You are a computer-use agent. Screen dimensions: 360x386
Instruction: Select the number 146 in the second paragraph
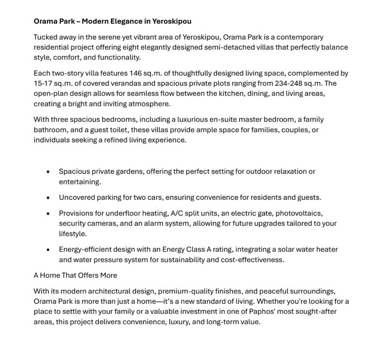pyautogui.click(x=136, y=73)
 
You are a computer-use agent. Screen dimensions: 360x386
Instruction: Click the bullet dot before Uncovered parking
pyautogui.click(x=48, y=198)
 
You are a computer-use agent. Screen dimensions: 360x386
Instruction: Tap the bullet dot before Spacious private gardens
pyautogui.click(x=48, y=172)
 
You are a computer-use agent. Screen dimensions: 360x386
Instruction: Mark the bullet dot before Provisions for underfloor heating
pyautogui.click(x=48, y=213)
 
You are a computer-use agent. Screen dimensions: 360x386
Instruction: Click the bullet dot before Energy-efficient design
pyautogui.click(x=48, y=249)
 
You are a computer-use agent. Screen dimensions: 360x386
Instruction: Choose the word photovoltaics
pyautogui.click(x=299, y=213)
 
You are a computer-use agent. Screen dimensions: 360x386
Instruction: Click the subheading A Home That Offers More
pyautogui.click(x=75, y=275)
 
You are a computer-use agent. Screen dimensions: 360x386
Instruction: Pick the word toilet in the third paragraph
pyautogui.click(x=117, y=130)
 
